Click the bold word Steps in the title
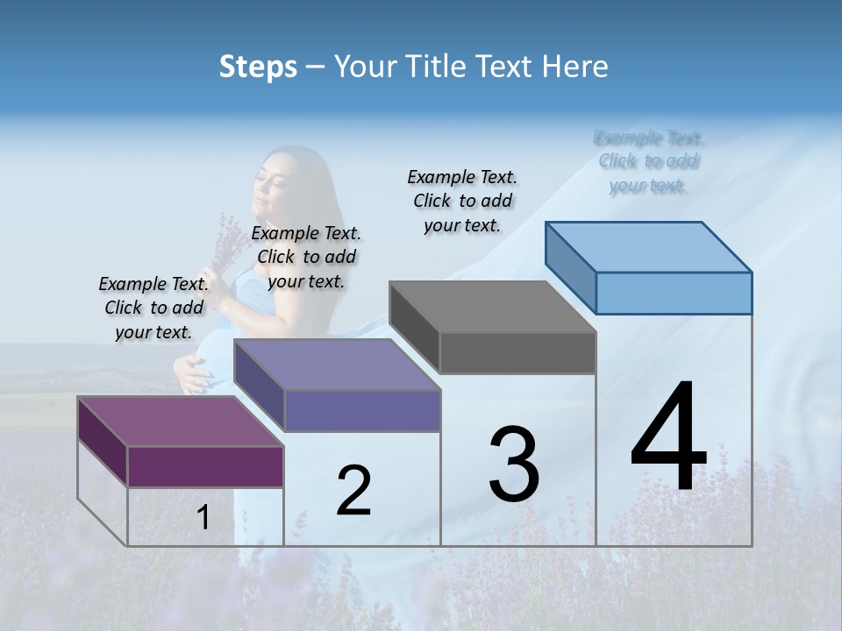coord(258,67)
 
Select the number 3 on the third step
coord(514,464)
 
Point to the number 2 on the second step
coord(353,491)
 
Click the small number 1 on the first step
coord(203,518)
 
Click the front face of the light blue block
coord(674,293)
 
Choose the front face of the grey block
coord(517,353)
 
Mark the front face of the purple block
coord(205,466)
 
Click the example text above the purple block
coord(153,308)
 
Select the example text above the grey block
coord(462,201)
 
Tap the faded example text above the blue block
coord(648,161)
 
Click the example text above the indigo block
coord(306,257)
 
